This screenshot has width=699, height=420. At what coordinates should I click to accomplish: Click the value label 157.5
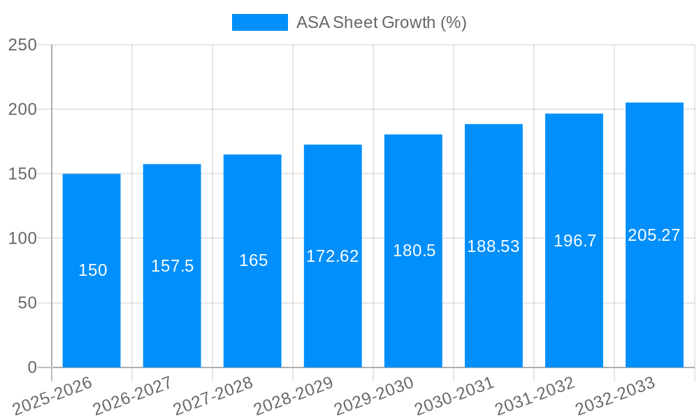click(172, 266)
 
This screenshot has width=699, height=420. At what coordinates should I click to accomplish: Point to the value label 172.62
click(333, 256)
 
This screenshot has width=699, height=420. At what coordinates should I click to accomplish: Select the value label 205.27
click(654, 235)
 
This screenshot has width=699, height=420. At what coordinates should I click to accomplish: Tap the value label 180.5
click(414, 251)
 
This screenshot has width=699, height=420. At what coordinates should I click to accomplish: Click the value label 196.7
click(575, 241)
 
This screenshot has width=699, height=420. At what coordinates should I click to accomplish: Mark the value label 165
click(253, 260)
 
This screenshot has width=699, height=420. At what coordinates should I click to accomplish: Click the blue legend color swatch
click(259, 22)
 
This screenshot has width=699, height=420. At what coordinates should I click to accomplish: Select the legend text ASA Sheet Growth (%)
click(381, 22)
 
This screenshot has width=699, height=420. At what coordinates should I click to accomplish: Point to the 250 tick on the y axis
click(22, 45)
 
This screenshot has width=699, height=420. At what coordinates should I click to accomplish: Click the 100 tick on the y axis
click(22, 239)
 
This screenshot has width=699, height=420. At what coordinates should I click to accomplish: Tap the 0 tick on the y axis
click(32, 367)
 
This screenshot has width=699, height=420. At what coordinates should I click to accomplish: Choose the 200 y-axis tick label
click(22, 109)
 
